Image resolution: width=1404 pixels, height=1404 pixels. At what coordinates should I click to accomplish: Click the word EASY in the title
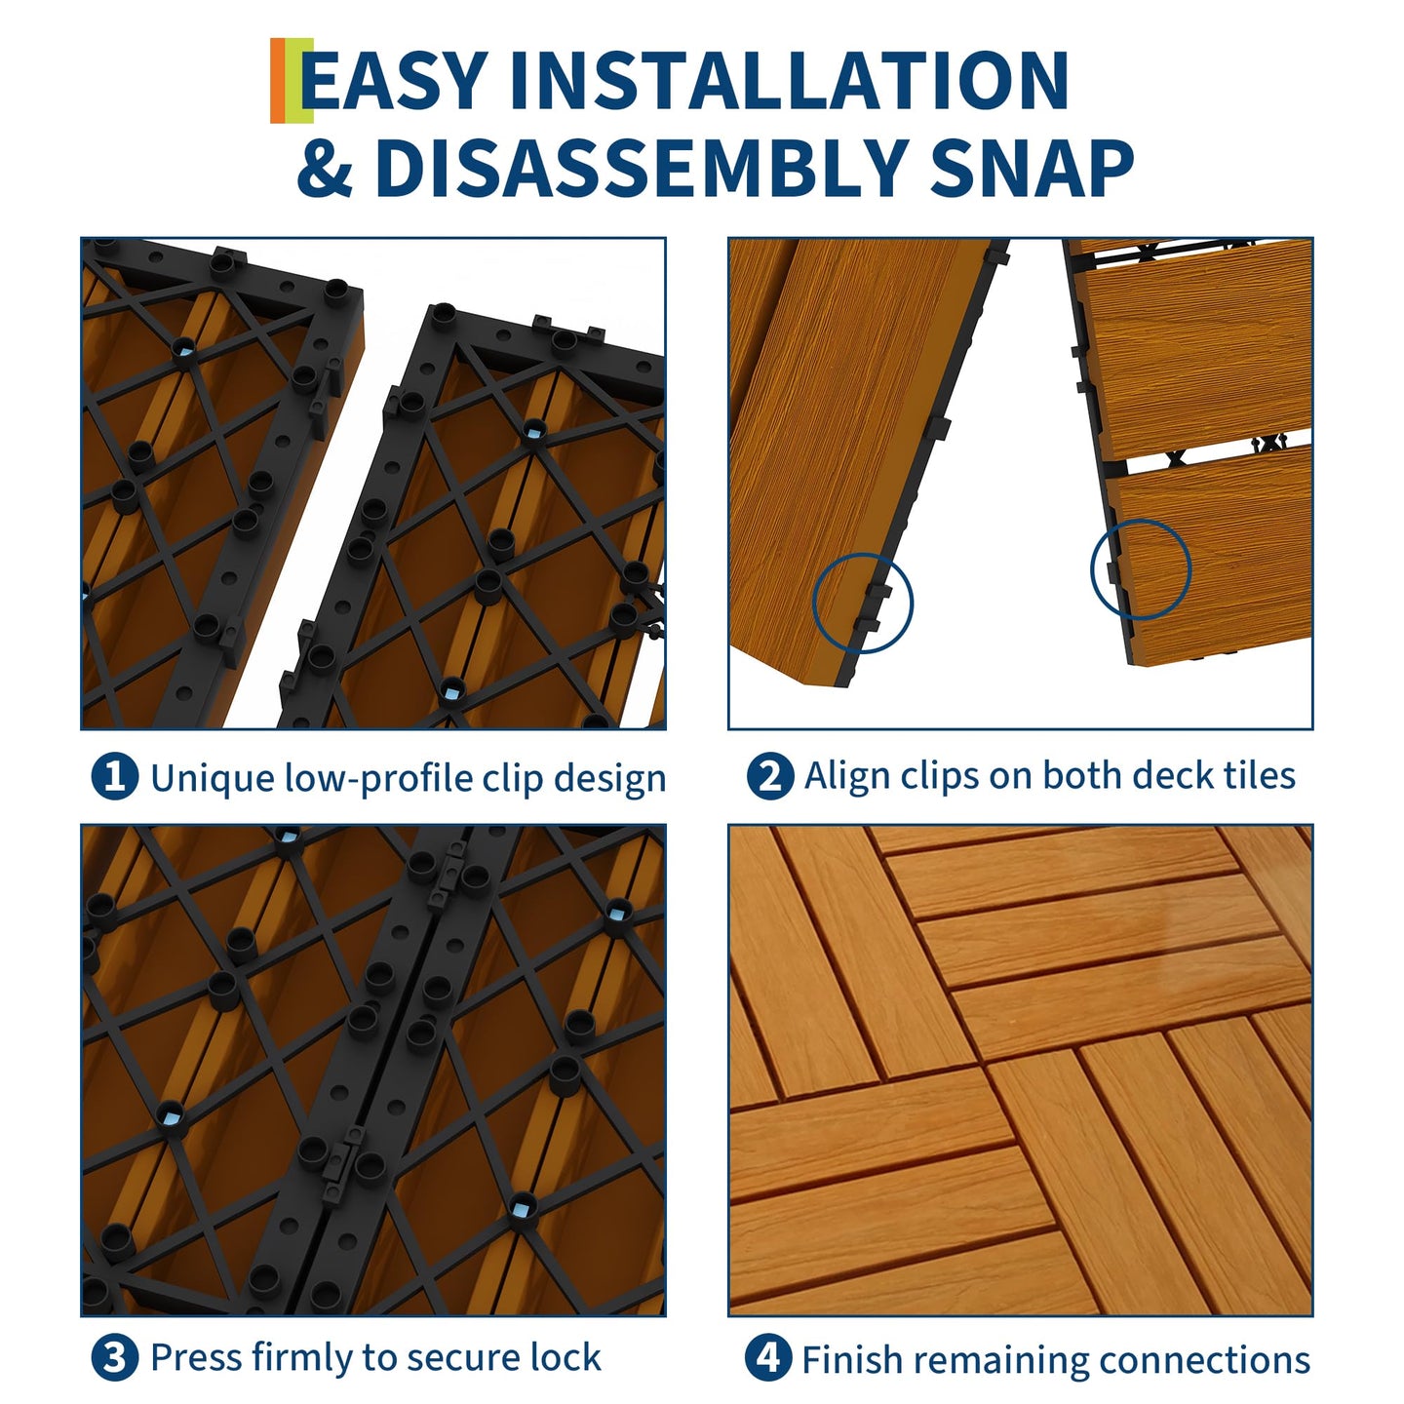[394, 81]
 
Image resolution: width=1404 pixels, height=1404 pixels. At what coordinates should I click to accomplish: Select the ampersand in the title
[325, 168]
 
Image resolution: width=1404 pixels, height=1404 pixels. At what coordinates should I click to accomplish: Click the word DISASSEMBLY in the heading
[641, 168]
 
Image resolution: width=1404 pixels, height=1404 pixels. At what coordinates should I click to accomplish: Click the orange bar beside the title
[279, 80]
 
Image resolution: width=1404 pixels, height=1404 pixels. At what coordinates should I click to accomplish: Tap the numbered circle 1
[114, 776]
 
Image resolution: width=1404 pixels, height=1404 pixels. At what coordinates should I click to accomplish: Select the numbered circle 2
[769, 776]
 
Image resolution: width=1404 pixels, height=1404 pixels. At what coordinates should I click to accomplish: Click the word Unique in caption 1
[213, 779]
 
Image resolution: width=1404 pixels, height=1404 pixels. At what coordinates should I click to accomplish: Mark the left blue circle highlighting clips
[863, 604]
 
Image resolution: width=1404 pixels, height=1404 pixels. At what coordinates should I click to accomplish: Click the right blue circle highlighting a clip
[1141, 569]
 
